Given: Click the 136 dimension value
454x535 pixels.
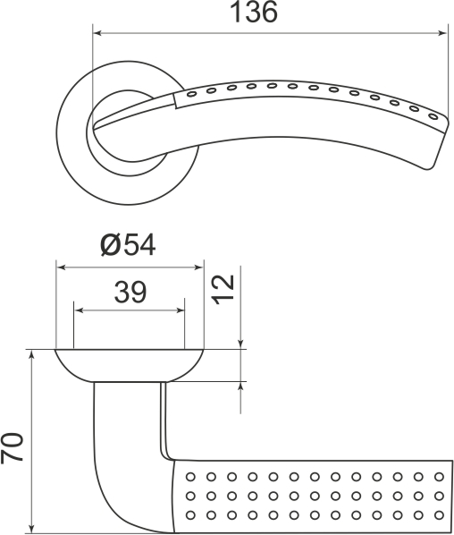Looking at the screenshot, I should [254, 13].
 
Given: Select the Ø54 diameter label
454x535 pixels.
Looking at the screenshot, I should [129, 245].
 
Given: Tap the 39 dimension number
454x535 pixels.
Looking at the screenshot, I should [130, 291].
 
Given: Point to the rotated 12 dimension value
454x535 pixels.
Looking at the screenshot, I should [223, 288].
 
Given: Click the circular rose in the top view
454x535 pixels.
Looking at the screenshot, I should [76, 143].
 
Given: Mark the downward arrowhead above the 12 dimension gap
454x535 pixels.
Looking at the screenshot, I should [241, 343].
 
